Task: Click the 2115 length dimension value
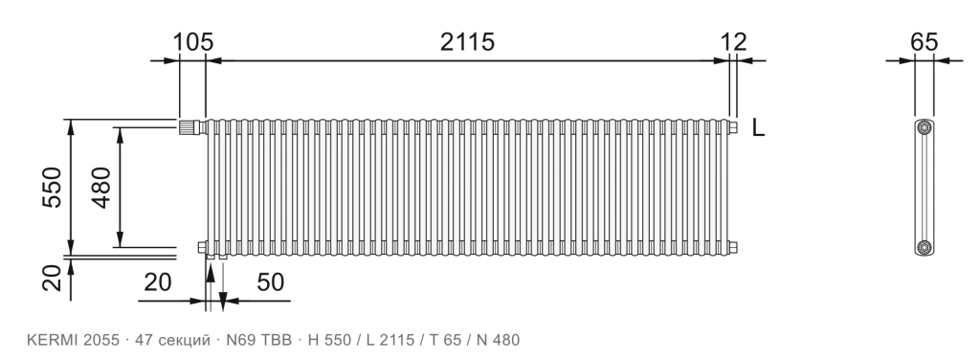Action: (x=467, y=42)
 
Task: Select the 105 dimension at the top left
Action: (x=193, y=42)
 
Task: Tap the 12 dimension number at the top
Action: (x=734, y=42)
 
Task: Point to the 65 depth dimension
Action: (x=924, y=42)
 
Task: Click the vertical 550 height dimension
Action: (x=53, y=187)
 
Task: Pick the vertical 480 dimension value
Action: (x=100, y=187)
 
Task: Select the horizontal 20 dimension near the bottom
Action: (x=158, y=282)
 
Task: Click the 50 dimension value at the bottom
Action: (x=271, y=282)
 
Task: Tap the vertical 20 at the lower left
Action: (x=54, y=278)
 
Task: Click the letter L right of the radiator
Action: (x=758, y=127)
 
